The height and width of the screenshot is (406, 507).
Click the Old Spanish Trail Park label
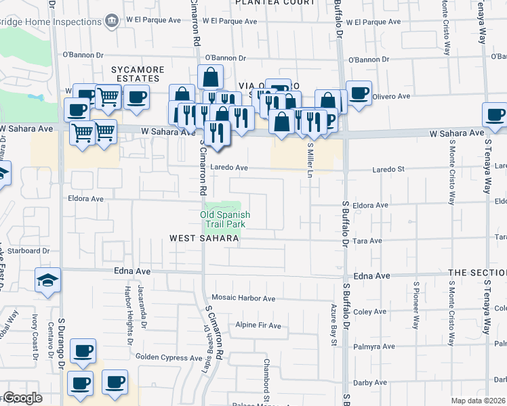pos(225,219)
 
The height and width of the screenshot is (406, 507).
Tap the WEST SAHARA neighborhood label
pos(204,238)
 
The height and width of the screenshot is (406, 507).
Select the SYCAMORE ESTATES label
pos(140,74)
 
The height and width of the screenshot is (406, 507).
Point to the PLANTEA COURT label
pos(275,3)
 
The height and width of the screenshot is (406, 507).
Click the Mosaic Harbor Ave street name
pos(242,298)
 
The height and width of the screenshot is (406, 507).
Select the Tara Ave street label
pos(367,241)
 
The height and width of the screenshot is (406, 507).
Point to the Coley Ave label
pos(369,312)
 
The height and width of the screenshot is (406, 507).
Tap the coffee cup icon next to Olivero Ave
pos(359,93)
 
